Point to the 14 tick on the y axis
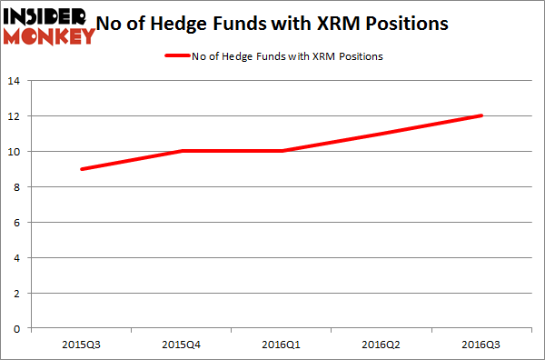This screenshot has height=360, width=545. (15, 81)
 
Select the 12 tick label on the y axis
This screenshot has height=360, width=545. (15, 116)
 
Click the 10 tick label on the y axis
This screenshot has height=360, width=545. (15, 152)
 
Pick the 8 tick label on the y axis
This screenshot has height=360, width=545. (18, 187)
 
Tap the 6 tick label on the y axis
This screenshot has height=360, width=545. (18, 222)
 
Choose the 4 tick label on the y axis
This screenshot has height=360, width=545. (18, 257)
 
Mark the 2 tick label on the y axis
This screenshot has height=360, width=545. (18, 293)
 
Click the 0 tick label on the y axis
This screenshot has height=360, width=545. (18, 328)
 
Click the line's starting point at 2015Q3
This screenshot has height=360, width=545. (81, 169)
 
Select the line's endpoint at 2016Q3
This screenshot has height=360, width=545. (481, 115)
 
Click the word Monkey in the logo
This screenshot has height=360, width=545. (50, 35)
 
